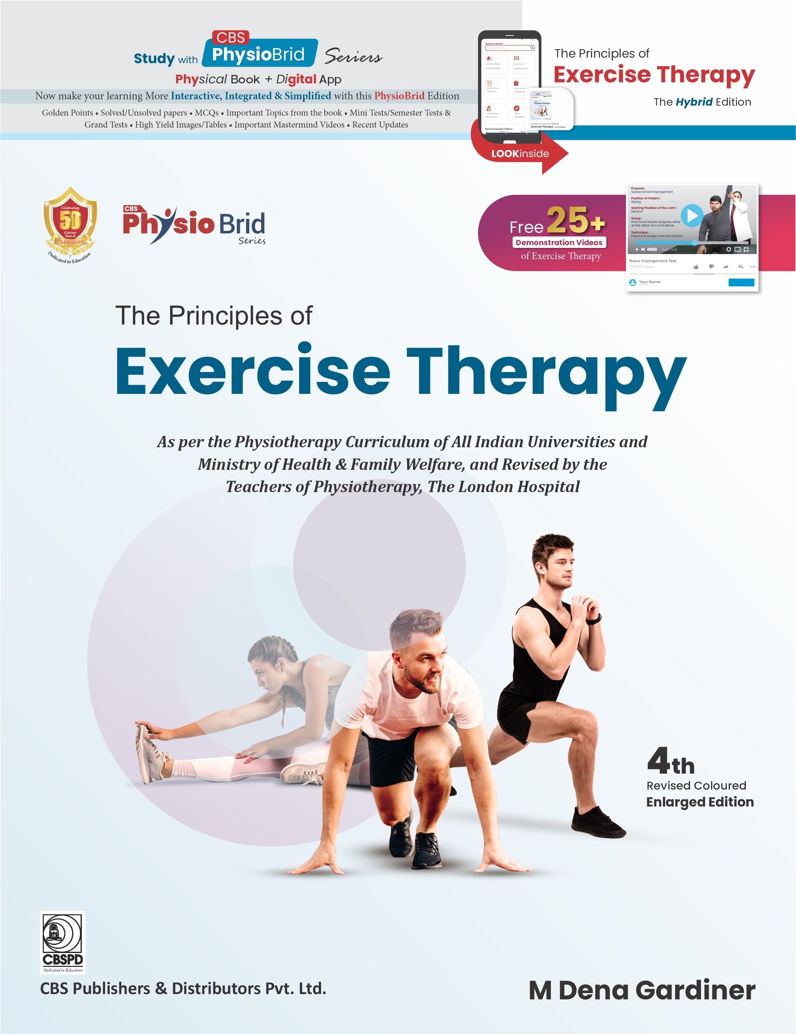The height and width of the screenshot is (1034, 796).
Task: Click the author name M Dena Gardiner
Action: [642, 991]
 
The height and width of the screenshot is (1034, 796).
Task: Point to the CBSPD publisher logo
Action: [63, 942]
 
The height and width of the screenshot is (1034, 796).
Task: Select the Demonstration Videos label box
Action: [559, 242]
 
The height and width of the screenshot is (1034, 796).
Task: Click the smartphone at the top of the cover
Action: [509, 88]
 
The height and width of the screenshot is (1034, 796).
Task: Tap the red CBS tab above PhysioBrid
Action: [231, 37]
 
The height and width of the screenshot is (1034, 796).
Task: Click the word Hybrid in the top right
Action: [694, 102]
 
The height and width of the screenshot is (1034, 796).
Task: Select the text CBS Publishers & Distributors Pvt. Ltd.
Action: [183, 988]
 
